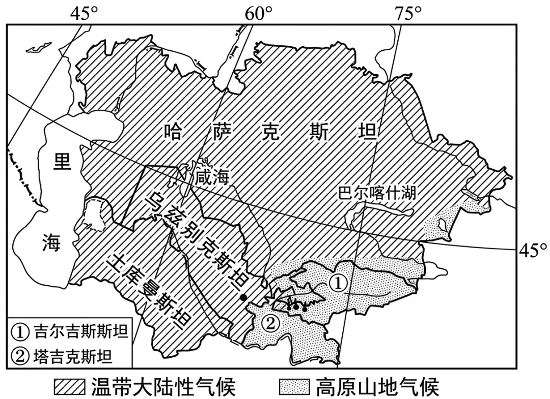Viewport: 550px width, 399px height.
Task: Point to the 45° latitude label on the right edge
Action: tap(533, 250)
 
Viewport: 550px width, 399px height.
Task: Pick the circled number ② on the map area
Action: tap(270, 323)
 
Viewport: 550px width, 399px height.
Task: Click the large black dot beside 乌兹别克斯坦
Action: tap(244, 297)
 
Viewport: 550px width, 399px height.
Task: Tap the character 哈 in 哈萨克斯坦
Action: tap(174, 133)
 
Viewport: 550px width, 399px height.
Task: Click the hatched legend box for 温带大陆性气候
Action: tap(70, 387)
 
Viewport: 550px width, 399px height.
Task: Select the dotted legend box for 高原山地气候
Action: tap(294, 387)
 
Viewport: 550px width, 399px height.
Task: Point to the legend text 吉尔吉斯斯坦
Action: tap(80, 333)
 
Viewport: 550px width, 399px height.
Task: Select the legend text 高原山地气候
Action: tap(377, 387)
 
